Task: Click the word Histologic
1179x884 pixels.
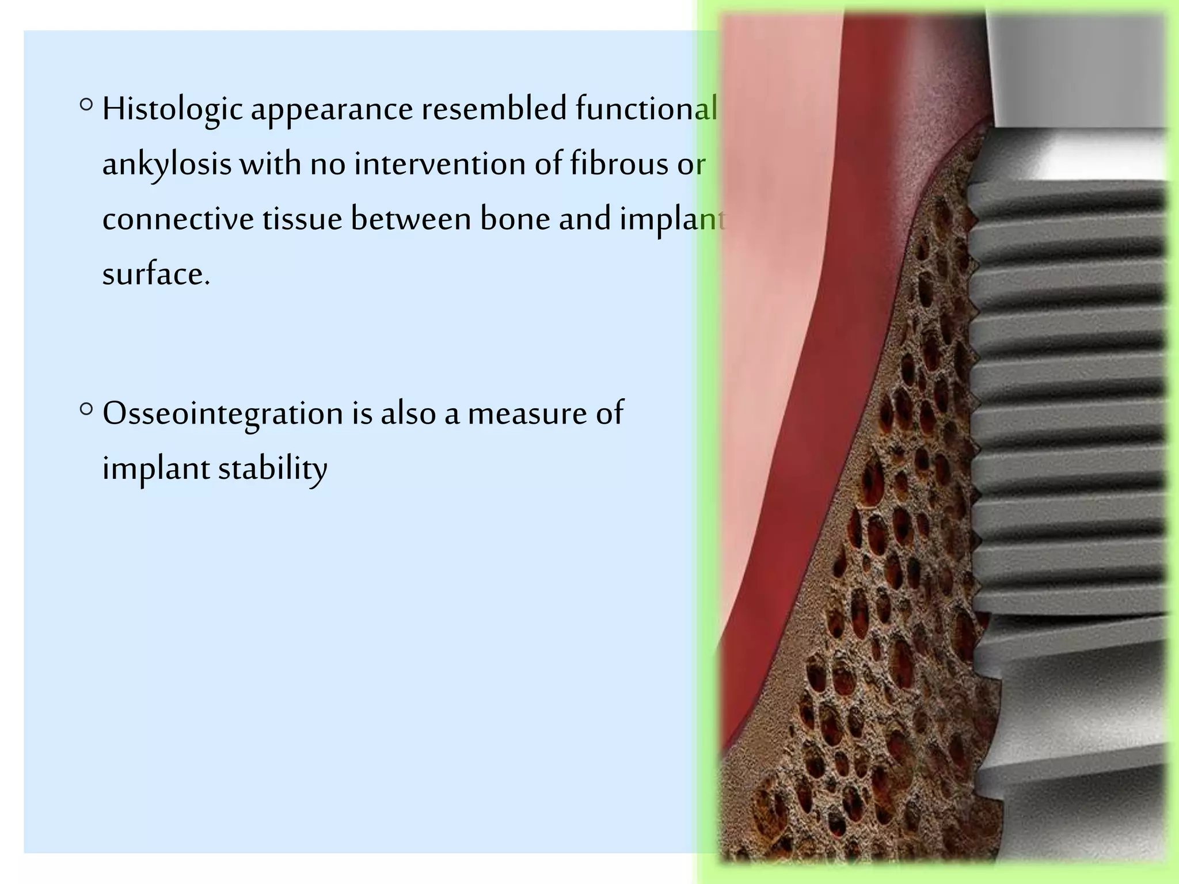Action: pos(172,109)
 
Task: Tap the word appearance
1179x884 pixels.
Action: pos(332,109)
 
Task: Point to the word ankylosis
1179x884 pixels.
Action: pos(168,165)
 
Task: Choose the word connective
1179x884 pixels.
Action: pos(178,219)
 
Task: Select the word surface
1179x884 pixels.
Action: pos(156,274)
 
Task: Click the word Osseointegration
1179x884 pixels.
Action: pos(223,413)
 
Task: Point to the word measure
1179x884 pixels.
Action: pos(527,413)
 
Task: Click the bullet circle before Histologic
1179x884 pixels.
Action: pos(86,105)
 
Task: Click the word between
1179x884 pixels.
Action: pos(410,219)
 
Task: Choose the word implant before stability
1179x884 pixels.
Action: pos(156,468)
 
